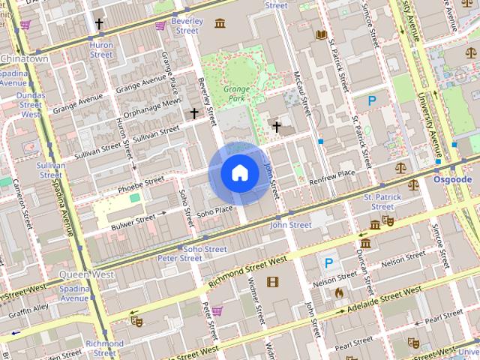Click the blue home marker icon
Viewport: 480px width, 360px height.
(x=239, y=173)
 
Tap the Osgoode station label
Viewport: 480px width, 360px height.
(x=452, y=180)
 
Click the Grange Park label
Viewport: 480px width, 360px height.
(x=236, y=93)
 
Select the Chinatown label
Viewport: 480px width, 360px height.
(x=24, y=58)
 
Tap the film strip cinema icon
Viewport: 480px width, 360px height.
(x=271, y=282)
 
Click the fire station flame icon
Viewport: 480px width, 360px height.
(x=339, y=293)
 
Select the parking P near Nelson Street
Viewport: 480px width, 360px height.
(x=328, y=263)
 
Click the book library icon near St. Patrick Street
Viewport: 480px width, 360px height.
(x=321, y=34)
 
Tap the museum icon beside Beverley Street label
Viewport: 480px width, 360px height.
(x=220, y=23)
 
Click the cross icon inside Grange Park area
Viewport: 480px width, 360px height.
(x=276, y=127)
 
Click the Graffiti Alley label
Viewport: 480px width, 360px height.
(x=28, y=307)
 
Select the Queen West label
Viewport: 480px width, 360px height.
(x=86, y=274)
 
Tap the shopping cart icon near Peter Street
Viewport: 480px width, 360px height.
(x=217, y=310)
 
